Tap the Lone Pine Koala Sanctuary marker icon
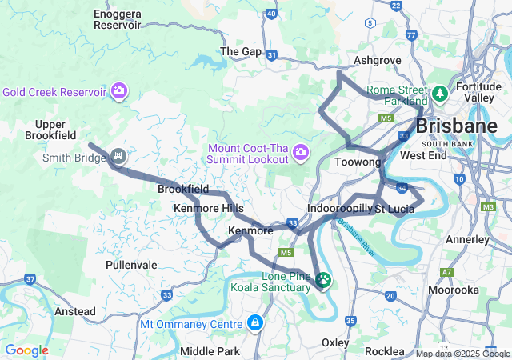coord(323,281)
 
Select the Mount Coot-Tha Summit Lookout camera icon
coord(301,152)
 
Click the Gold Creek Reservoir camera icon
coord(119,90)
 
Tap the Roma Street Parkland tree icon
coord(438,94)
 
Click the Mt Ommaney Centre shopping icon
coord(254,323)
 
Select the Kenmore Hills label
coord(209,208)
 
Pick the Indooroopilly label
coord(340,208)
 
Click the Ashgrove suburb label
coord(377,60)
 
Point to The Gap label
coord(241,51)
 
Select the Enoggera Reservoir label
coord(118,19)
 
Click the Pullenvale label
coord(131,263)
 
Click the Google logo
coord(26,350)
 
